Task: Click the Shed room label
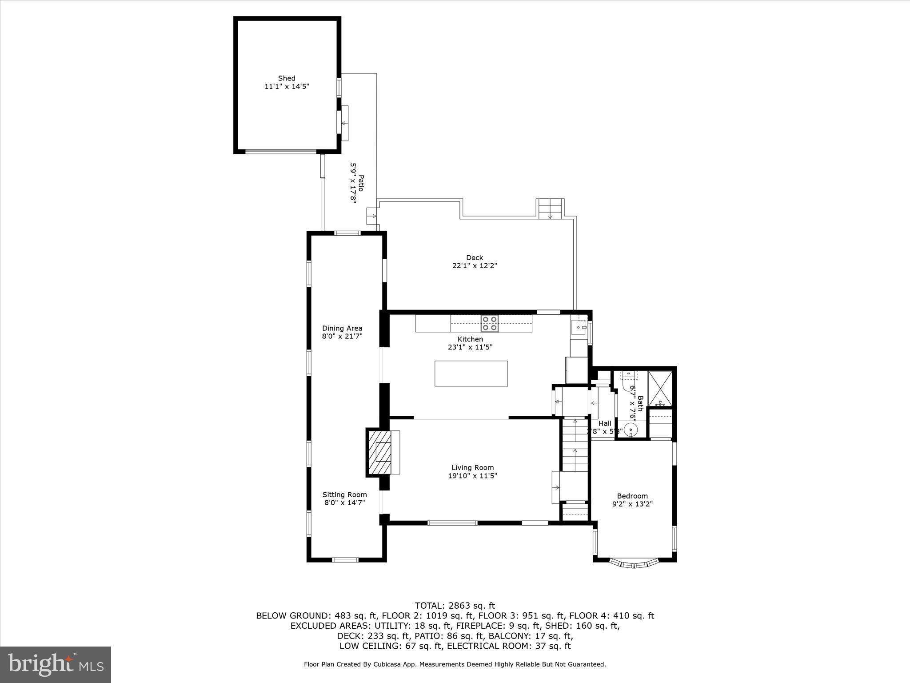click(287, 78)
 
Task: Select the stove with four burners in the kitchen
click(490, 323)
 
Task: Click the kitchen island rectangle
click(471, 374)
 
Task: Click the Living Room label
click(472, 467)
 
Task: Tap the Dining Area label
click(342, 328)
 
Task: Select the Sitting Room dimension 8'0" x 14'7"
click(344, 503)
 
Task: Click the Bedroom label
click(632, 496)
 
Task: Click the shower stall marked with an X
click(660, 388)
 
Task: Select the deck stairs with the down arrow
click(551, 209)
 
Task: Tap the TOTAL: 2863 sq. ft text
click(455, 606)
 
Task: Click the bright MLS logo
click(56, 664)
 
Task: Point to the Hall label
click(604, 423)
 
